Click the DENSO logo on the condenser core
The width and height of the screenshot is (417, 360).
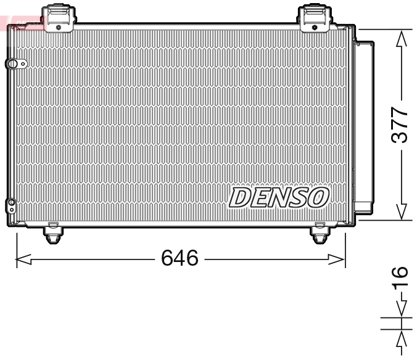click(278, 198)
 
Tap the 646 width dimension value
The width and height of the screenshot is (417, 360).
click(180, 258)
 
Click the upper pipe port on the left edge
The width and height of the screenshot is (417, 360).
click(13, 64)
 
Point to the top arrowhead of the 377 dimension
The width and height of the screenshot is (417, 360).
click(402, 38)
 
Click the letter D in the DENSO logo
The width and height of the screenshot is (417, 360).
click(240, 198)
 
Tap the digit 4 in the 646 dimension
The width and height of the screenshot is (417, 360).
click(180, 258)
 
